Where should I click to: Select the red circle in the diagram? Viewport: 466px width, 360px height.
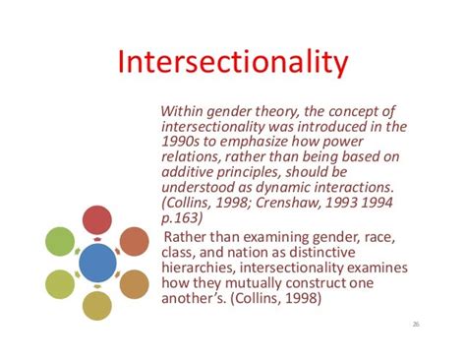pyautogui.click(x=96, y=220)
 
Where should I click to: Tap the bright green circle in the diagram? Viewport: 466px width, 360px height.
pyautogui.click(x=60, y=241)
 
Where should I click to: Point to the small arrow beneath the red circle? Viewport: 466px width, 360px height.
pyautogui.click(x=96, y=239)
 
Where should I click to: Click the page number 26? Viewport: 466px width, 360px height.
pyautogui.click(x=416, y=323)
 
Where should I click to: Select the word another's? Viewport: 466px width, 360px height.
pyautogui.click(x=197, y=300)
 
